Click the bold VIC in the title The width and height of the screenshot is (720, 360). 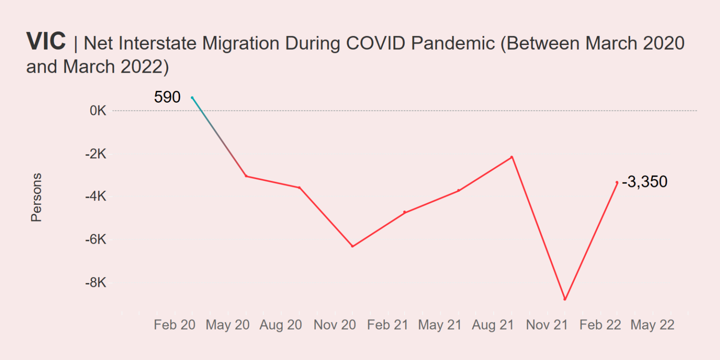coord(46,41)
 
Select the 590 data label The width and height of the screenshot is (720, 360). coord(167,97)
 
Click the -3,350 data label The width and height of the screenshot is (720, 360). coord(645,182)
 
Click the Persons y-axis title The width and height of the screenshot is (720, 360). coord(36,197)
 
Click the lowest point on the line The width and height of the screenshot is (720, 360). coord(565,299)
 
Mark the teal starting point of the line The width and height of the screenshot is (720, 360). coord(192,97)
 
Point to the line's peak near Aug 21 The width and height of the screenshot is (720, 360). coord(512,157)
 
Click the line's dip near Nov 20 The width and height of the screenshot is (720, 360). coord(352,246)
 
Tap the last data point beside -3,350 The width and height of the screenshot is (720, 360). coord(617,182)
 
